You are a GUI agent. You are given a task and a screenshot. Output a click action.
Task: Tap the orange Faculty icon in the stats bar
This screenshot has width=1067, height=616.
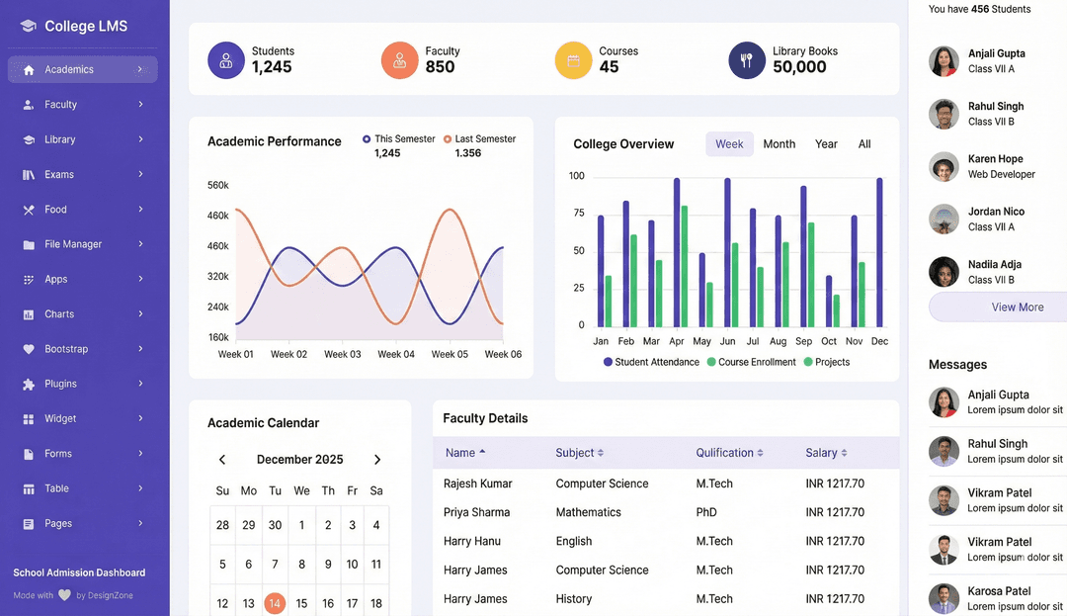(x=399, y=60)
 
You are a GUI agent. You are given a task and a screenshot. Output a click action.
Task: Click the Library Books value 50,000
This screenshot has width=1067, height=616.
(x=799, y=66)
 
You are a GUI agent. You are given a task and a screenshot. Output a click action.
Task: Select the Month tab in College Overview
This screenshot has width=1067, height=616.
(x=780, y=144)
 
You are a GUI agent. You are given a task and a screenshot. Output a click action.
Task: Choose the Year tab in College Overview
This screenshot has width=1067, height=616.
(x=826, y=144)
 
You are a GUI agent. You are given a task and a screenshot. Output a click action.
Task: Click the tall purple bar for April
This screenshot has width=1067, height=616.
(x=677, y=252)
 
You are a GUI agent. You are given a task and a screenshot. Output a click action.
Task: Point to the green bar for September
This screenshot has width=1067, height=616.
(x=811, y=275)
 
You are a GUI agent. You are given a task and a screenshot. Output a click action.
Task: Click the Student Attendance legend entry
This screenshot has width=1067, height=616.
(x=651, y=362)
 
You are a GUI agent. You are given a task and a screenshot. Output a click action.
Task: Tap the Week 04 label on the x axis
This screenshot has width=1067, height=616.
(x=396, y=354)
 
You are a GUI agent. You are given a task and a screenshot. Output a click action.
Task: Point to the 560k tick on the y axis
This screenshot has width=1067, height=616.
(x=217, y=185)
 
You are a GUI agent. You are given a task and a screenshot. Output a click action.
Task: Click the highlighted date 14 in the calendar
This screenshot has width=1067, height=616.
(x=275, y=603)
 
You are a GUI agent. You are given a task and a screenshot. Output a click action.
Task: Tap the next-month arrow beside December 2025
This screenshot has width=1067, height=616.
(x=377, y=460)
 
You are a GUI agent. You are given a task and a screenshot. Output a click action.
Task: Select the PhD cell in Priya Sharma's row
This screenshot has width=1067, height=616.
(x=706, y=512)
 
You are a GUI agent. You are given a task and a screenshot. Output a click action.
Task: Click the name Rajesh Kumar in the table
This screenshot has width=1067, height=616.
(x=478, y=484)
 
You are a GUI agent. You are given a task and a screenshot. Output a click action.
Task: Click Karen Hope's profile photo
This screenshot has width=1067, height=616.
(x=944, y=167)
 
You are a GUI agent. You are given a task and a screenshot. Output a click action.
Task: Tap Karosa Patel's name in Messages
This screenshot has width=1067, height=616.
(x=999, y=591)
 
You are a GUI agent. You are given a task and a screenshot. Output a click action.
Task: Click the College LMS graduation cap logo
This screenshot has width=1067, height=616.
(x=28, y=26)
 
